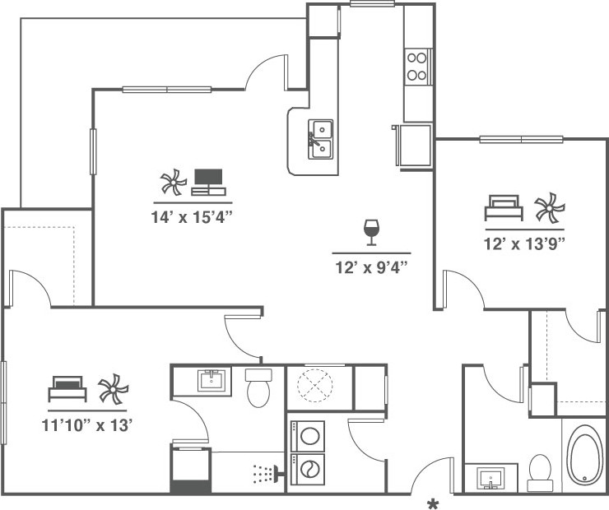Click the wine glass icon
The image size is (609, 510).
pos(371,232)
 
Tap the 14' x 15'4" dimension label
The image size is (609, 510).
pos(192,217)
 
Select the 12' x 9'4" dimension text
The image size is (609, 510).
pos(371,267)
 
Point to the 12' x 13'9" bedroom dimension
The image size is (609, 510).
pos(524,244)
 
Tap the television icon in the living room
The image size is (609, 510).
pos(208,182)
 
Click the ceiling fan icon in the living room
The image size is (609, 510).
pos(174,182)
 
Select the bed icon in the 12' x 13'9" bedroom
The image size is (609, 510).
pos(504,207)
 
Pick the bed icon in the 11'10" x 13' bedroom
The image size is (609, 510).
pos(67,388)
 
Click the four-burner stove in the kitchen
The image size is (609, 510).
pos(417,67)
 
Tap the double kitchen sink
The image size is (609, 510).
pos(321,139)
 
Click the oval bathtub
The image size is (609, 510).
pos(583,455)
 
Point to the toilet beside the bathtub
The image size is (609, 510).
pos(540,473)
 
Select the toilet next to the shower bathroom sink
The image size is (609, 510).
pos(258,388)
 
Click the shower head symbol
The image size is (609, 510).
pos(268,474)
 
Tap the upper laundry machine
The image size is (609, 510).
pos(308,436)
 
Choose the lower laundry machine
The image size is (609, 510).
pos(308,469)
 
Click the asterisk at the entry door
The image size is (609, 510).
pos(433,503)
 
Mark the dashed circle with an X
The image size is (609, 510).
pos(315,386)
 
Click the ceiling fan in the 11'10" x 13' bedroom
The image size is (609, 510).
pos(113,388)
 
